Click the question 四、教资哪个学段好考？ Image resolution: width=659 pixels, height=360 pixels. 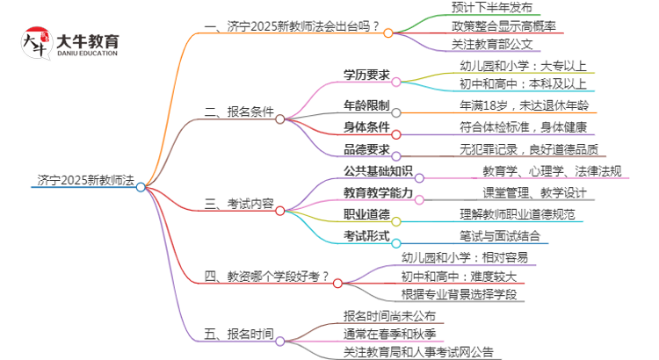(x=266, y=277)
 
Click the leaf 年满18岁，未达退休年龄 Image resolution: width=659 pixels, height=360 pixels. (x=524, y=106)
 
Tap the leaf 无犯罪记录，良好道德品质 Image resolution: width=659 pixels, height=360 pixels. (x=529, y=149)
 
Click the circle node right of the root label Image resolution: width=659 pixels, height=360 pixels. (x=141, y=186)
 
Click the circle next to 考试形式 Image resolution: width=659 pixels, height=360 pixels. (x=396, y=242)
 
